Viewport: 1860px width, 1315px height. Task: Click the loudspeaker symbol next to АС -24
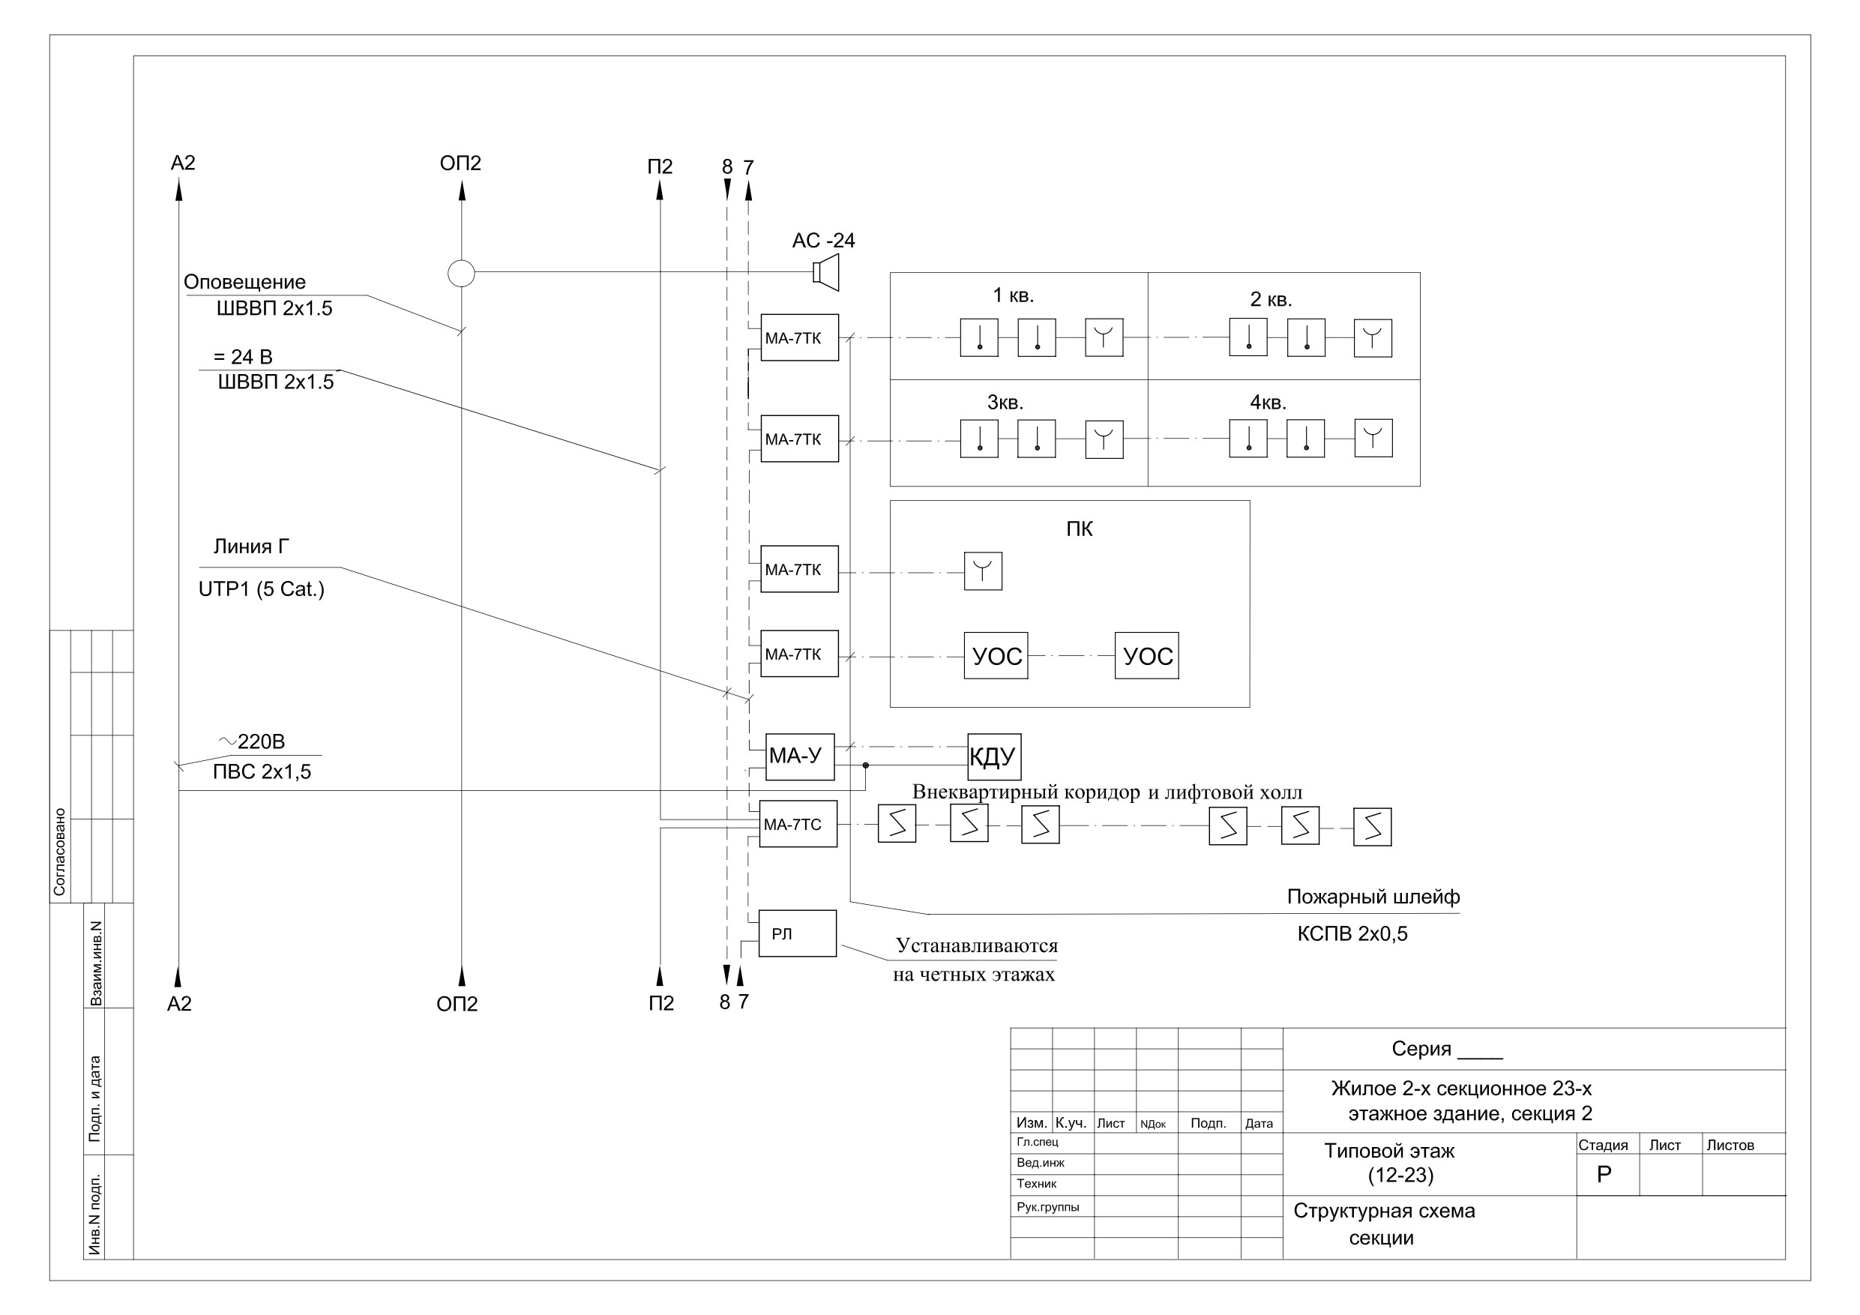click(825, 272)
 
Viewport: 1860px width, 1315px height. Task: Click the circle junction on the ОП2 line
click(461, 273)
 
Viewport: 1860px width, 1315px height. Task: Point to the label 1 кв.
click(1014, 295)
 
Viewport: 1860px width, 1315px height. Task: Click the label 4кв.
click(1268, 403)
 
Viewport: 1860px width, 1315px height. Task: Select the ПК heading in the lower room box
click(1079, 529)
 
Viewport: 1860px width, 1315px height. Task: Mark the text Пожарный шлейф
click(1373, 897)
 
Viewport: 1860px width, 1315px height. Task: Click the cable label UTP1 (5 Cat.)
click(261, 589)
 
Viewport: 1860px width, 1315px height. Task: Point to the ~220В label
click(252, 741)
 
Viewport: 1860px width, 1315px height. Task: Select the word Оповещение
click(244, 282)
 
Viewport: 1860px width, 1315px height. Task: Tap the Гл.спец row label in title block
click(1037, 1142)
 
